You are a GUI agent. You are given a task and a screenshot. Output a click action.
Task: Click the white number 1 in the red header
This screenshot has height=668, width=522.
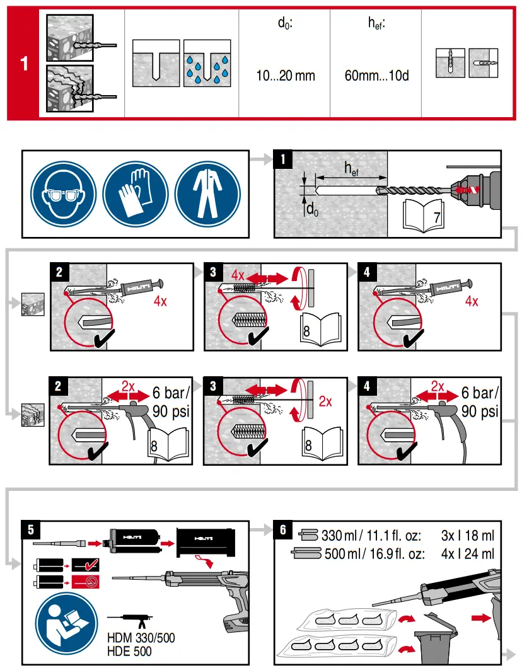pyautogui.click(x=24, y=64)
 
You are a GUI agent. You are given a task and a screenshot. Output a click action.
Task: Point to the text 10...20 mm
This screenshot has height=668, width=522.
pyautogui.click(x=286, y=76)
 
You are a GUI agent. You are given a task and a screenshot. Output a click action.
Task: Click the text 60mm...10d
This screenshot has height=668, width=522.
pyautogui.click(x=376, y=76)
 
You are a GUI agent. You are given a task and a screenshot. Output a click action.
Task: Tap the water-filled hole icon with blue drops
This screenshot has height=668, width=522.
pyautogui.click(x=205, y=64)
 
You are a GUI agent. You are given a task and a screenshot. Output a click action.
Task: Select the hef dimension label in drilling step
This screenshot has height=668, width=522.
pyautogui.click(x=351, y=168)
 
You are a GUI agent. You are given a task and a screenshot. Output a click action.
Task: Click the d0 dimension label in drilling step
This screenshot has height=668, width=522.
pyautogui.click(x=312, y=209)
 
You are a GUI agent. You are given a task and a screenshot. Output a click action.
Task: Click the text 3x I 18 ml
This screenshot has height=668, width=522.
pyautogui.click(x=468, y=536)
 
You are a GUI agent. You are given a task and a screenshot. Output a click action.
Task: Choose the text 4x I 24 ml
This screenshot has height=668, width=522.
pyautogui.click(x=468, y=555)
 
